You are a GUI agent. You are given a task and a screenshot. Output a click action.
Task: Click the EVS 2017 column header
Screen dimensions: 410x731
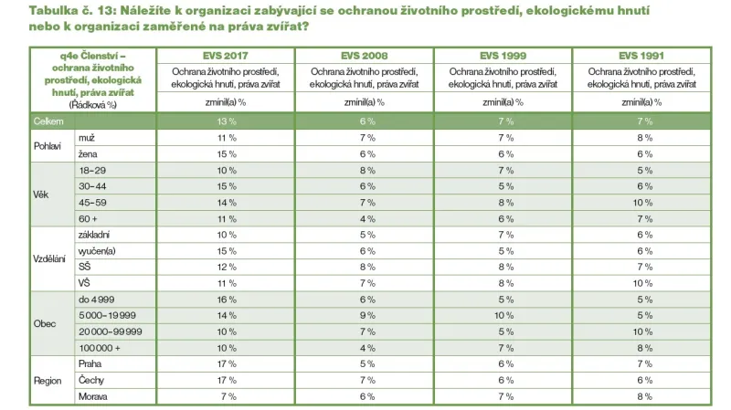(x=226, y=54)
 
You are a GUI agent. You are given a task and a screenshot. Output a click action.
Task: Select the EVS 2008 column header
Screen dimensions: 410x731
(x=366, y=54)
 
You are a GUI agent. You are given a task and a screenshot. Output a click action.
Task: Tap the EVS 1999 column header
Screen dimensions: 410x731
(x=503, y=54)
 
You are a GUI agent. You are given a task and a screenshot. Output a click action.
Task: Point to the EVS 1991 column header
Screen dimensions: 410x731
(x=644, y=54)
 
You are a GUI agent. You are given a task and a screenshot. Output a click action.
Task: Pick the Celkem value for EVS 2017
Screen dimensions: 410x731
(x=226, y=121)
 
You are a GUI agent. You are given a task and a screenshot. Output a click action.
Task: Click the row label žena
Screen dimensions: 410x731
(x=88, y=154)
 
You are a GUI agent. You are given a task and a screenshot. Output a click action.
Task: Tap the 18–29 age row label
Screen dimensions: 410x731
(x=93, y=170)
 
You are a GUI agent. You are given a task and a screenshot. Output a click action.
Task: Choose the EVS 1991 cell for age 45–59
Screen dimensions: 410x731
(x=644, y=202)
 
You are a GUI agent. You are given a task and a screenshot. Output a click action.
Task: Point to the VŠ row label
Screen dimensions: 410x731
(x=85, y=283)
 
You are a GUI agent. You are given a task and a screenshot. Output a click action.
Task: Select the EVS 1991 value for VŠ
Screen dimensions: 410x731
(x=644, y=283)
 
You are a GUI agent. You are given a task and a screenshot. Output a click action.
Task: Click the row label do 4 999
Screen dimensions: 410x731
(x=96, y=300)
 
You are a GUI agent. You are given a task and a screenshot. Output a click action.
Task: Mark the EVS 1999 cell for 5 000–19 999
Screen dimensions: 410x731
(x=503, y=315)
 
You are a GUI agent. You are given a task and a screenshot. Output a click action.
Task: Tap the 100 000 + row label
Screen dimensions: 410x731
(x=100, y=348)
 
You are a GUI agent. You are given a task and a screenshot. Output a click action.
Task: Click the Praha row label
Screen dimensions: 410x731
(x=90, y=364)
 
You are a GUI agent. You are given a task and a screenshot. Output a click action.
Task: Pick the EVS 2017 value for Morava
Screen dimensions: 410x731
(x=226, y=396)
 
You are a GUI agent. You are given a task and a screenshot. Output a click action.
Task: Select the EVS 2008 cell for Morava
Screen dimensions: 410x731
(x=366, y=396)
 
